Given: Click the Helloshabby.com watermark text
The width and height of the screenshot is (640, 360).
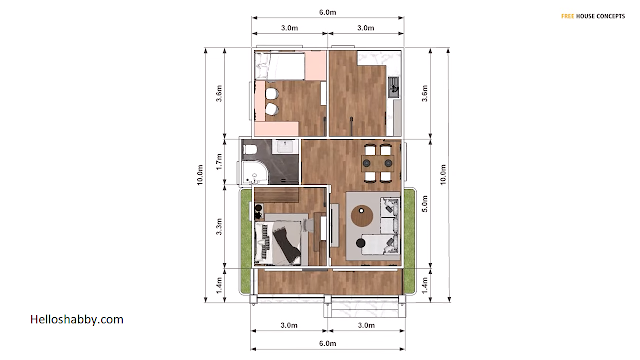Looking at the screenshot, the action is click(77, 319).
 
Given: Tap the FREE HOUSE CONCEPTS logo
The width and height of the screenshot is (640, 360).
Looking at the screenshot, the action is click(593, 16).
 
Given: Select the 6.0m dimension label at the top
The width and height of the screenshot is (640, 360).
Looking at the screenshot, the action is click(327, 12).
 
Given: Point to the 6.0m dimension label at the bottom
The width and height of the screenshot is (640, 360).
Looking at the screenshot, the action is click(327, 343).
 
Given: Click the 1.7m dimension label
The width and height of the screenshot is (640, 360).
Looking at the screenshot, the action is click(219, 162).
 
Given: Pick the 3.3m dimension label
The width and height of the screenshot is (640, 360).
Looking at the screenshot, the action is click(219, 227).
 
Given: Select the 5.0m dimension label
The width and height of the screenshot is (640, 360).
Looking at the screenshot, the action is click(424, 204).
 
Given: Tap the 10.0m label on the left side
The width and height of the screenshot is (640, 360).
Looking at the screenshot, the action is click(200, 175).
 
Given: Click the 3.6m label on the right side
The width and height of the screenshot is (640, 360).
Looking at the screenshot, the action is click(424, 93).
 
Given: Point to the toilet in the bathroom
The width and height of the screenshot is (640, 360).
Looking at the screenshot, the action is click(249, 149).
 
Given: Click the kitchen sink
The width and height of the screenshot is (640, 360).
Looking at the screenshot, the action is click(394, 87).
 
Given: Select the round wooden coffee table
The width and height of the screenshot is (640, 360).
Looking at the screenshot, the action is click(362, 216).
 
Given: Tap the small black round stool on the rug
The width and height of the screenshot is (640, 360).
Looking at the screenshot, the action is click(360, 243).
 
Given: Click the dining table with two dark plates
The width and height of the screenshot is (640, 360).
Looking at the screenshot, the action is click(378, 163).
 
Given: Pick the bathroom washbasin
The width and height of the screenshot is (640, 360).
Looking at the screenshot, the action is click(284, 146).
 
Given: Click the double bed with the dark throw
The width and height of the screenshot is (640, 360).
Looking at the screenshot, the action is click(278, 243).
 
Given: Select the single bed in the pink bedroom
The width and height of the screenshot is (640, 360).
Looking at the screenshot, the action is click(280, 66).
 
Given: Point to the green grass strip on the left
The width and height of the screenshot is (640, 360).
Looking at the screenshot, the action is click(246, 241).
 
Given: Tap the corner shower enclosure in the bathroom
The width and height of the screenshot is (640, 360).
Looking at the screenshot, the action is click(254, 173).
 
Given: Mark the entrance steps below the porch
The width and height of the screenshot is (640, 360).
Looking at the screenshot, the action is click(365, 310).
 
